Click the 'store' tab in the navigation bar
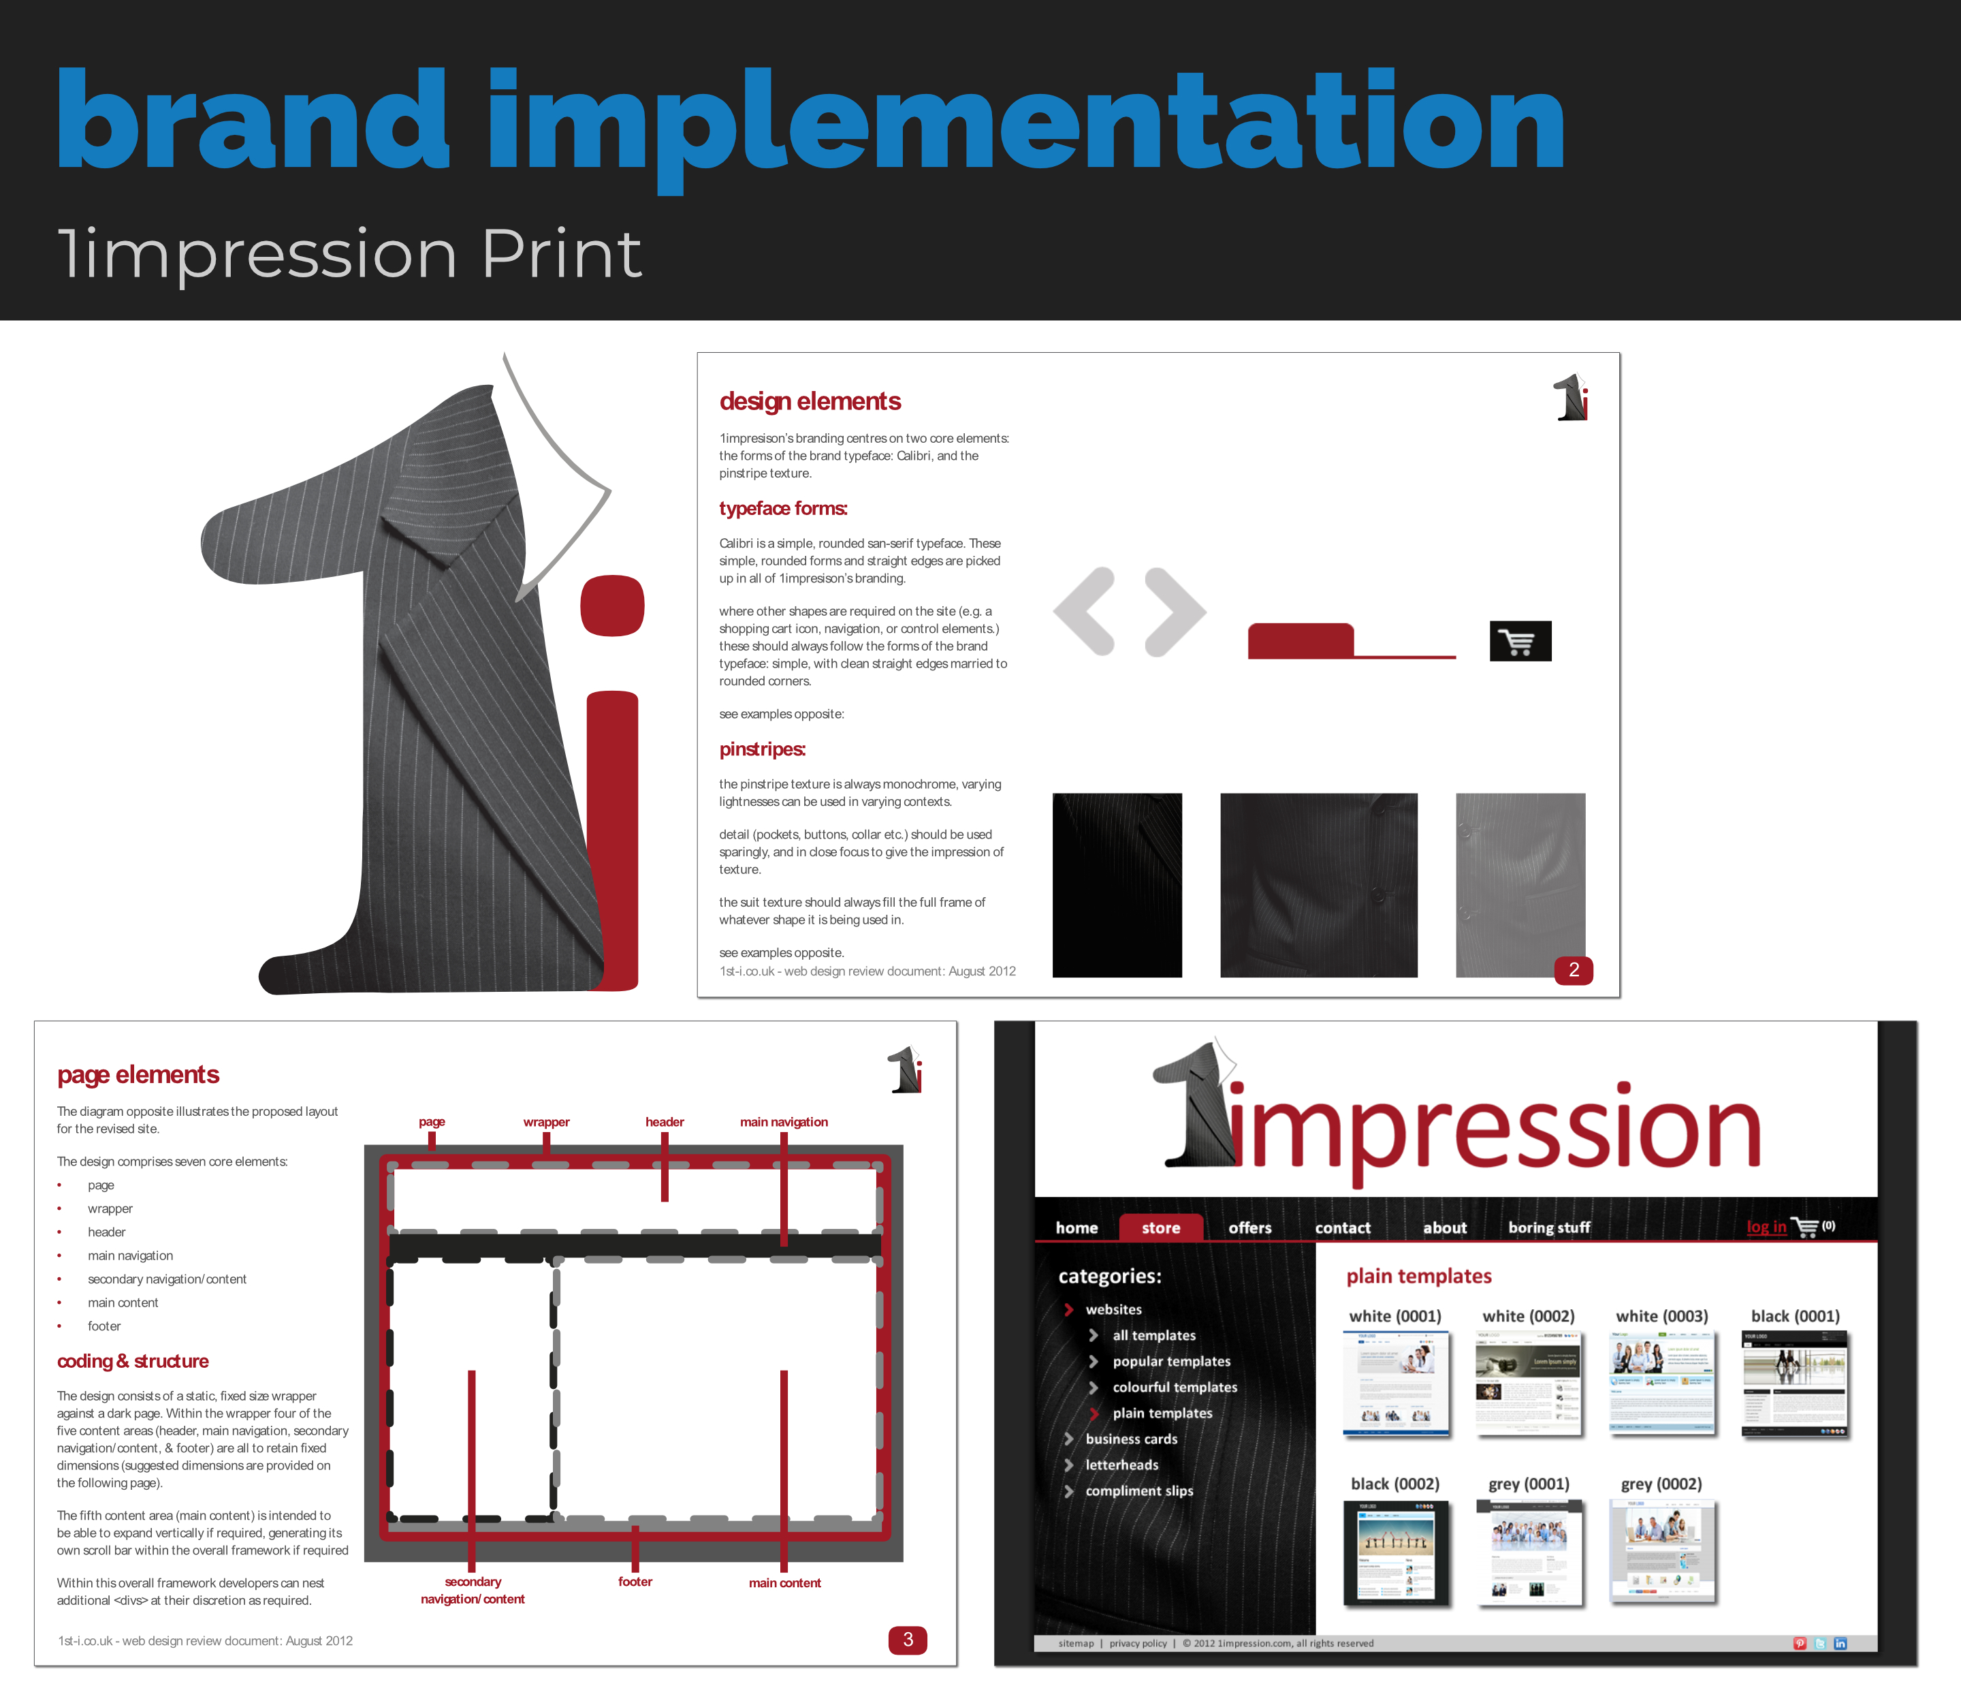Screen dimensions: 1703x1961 pos(1160,1228)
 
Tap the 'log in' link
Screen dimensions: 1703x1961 pos(1766,1227)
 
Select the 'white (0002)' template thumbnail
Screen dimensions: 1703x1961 pos(1528,1383)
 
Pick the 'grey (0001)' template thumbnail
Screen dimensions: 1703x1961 pos(1529,1552)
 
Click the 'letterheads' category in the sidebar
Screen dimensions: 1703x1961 pos(1121,1465)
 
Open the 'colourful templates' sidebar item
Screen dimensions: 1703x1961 pos(1175,1386)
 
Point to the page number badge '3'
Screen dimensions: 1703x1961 pos(908,1640)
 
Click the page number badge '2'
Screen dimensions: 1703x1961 pos(1574,969)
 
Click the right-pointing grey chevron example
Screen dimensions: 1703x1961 pos(1175,611)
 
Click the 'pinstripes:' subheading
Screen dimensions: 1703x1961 pos(762,749)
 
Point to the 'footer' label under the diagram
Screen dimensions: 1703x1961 pos(635,1581)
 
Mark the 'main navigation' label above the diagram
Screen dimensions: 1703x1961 pos(784,1121)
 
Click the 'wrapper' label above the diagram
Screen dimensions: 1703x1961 pos(546,1121)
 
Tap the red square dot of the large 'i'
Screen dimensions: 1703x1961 pos(613,606)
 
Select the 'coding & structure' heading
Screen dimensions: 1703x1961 pos(133,1361)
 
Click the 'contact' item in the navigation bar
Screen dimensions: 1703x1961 pos(1343,1228)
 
